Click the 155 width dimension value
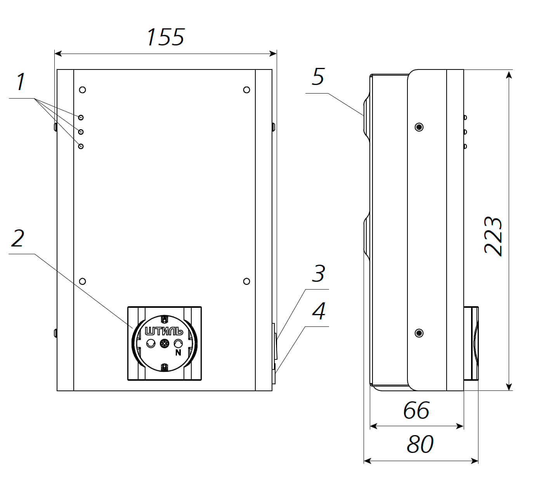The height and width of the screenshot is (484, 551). pyautogui.click(x=165, y=37)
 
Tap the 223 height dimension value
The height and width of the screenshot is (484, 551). pyautogui.click(x=493, y=236)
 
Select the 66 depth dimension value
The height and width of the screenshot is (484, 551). pyautogui.click(x=416, y=410)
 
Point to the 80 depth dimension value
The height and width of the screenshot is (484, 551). pyautogui.click(x=420, y=444)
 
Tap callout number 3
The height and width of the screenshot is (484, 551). pyautogui.click(x=318, y=274)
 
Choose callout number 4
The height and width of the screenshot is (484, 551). pyautogui.click(x=319, y=311)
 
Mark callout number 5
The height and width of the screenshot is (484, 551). pyautogui.click(x=318, y=77)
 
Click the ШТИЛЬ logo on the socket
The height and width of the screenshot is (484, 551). pyautogui.click(x=164, y=331)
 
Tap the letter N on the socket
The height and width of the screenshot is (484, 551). pyautogui.click(x=178, y=353)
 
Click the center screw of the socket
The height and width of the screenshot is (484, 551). pyautogui.click(x=164, y=343)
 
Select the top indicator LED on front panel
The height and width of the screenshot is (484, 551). pyautogui.click(x=81, y=117)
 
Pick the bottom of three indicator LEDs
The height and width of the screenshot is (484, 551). pyautogui.click(x=81, y=146)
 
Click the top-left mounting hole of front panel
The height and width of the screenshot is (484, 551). pyautogui.click(x=82, y=90)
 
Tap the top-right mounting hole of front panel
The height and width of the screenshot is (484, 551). pyautogui.click(x=246, y=90)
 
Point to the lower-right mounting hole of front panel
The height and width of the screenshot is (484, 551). pyautogui.click(x=246, y=281)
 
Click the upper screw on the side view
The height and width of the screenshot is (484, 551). pyautogui.click(x=419, y=127)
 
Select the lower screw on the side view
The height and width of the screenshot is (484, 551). pyautogui.click(x=419, y=333)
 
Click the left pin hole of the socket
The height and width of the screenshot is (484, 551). pyautogui.click(x=150, y=343)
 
